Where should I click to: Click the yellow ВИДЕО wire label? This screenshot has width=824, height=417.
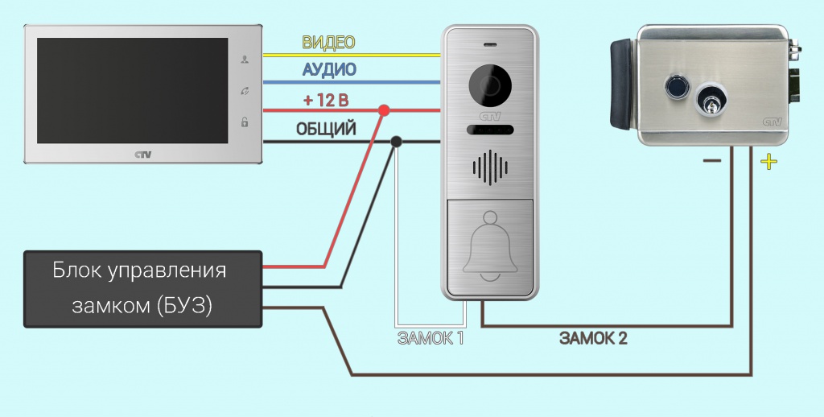point(328,42)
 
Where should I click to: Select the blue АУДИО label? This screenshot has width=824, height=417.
point(328,70)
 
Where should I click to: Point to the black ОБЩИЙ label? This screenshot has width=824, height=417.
point(326,130)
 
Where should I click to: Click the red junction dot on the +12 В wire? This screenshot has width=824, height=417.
point(384,109)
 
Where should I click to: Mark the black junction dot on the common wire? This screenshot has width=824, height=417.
point(396,143)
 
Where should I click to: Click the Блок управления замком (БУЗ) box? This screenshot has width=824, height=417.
point(143,288)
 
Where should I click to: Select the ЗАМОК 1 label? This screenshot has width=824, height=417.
point(431,339)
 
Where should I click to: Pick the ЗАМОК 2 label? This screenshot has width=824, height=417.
point(593,339)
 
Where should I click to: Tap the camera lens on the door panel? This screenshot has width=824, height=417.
point(489,84)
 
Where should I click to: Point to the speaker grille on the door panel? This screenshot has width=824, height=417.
point(489,167)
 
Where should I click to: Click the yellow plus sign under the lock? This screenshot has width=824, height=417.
point(769,162)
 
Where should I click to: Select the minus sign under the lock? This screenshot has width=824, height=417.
point(711,161)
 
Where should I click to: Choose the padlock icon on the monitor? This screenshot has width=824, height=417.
point(245,122)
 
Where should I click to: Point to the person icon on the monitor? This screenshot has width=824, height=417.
point(245,60)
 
